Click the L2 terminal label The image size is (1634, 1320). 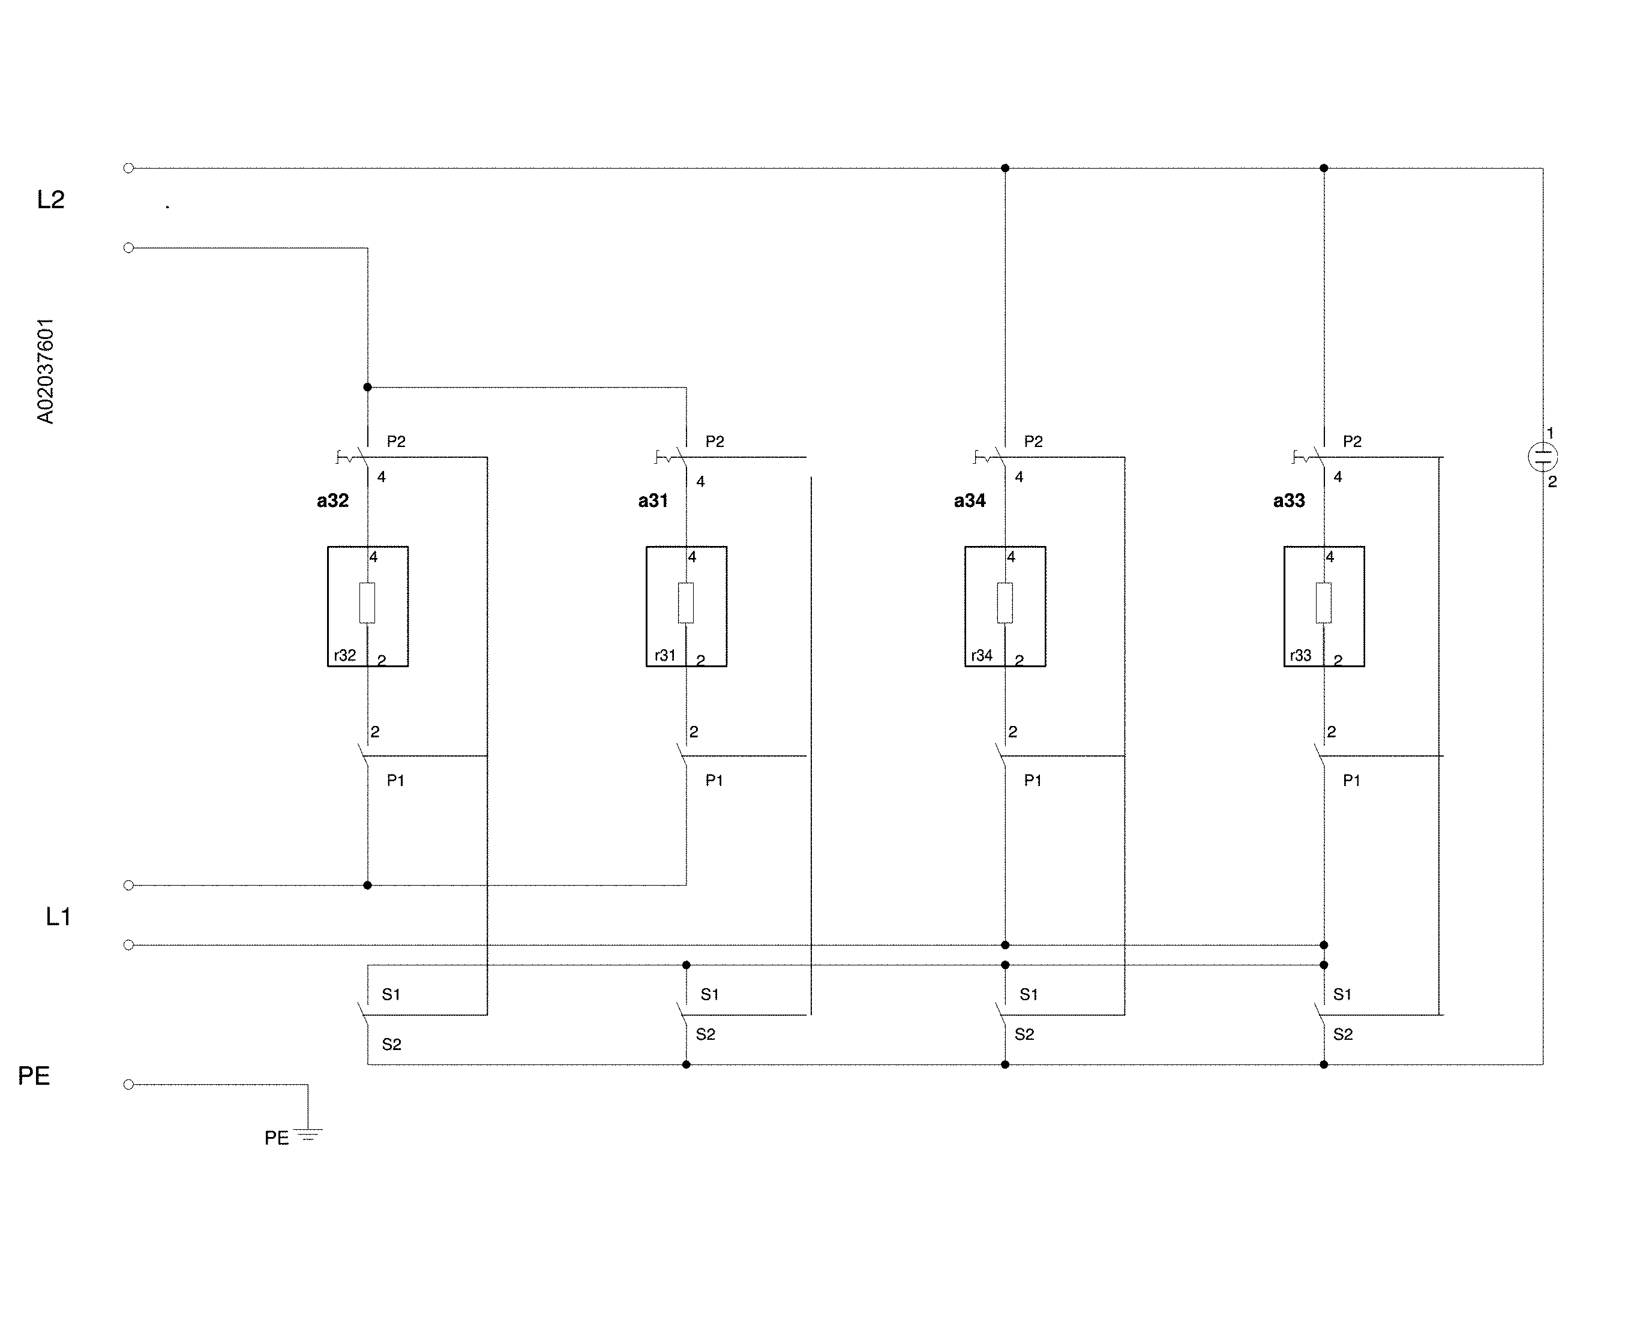pos(51,200)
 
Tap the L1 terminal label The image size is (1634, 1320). pos(59,917)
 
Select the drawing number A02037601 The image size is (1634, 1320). pos(46,371)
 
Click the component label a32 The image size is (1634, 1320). pos(333,500)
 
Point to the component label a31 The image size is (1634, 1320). pos(653,500)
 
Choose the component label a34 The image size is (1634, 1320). pos(970,500)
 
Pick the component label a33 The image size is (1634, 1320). pos(1290,500)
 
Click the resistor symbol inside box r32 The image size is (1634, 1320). pos(367,603)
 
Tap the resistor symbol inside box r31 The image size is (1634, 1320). pos(686,603)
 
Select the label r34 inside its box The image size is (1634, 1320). pos(982,655)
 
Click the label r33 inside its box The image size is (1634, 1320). pos(1301,655)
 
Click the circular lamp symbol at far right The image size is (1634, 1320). pos(1543,457)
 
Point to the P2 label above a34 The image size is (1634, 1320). pos(1033,442)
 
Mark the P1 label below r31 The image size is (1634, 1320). pos(714,780)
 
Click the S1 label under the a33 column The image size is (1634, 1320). pos(1343,995)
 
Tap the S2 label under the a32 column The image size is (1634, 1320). pos(392,1045)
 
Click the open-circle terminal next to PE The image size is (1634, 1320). pos(128,1084)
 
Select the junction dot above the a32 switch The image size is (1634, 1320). pos(367,387)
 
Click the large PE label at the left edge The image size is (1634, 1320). pos(34,1076)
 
